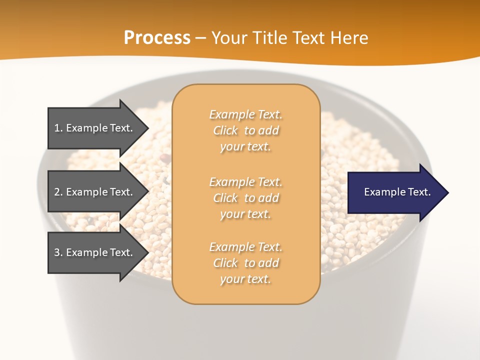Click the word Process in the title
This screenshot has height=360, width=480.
(x=157, y=38)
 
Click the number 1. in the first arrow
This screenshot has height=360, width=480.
(x=58, y=128)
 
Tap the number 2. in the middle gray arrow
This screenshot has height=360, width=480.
(x=58, y=192)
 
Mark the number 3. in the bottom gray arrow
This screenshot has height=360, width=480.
(x=58, y=252)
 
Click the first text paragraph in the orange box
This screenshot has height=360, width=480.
(x=245, y=130)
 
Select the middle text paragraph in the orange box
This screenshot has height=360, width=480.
(x=245, y=198)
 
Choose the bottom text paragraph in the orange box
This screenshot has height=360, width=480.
(x=245, y=263)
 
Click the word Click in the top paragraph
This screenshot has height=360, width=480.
(x=225, y=130)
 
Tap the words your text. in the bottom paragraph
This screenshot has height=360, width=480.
(x=245, y=279)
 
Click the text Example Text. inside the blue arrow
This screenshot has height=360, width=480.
(x=397, y=192)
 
